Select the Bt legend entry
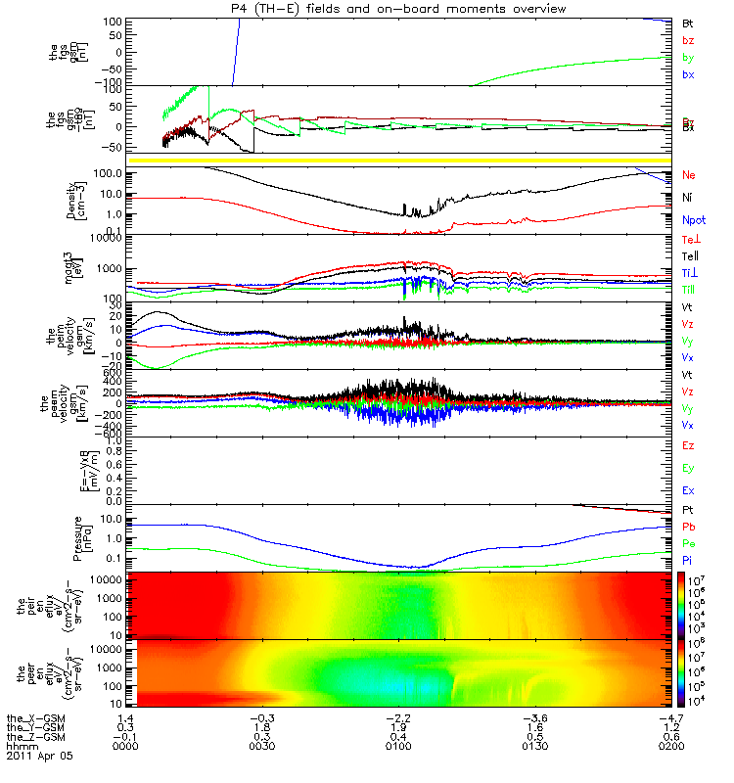(x=688, y=22)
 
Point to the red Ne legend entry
(x=689, y=175)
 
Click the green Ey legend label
(x=689, y=468)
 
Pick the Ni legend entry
(x=688, y=198)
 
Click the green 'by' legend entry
(x=688, y=59)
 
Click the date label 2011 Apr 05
(x=39, y=757)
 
